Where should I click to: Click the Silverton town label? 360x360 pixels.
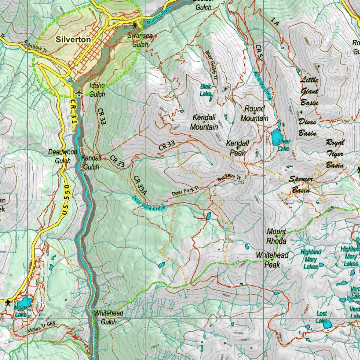(x=73, y=40)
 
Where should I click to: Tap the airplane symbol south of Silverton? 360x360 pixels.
(x=79, y=92)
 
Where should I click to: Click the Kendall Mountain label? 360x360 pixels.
(x=204, y=122)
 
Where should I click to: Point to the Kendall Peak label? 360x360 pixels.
(x=238, y=148)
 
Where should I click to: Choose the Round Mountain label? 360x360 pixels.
(x=255, y=114)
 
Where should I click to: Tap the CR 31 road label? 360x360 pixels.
(x=73, y=110)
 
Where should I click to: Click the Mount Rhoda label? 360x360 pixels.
(x=276, y=236)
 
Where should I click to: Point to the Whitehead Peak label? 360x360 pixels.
(x=272, y=259)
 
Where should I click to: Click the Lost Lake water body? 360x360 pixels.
(x=327, y=324)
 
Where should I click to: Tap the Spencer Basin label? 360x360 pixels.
(x=301, y=185)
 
